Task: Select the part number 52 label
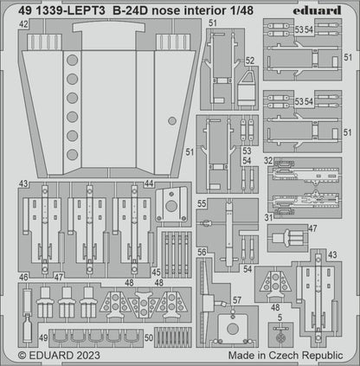[x=249, y=61]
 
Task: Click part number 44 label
[x=150, y=184]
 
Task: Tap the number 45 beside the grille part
[x=157, y=272]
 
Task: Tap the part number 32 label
[x=269, y=160]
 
